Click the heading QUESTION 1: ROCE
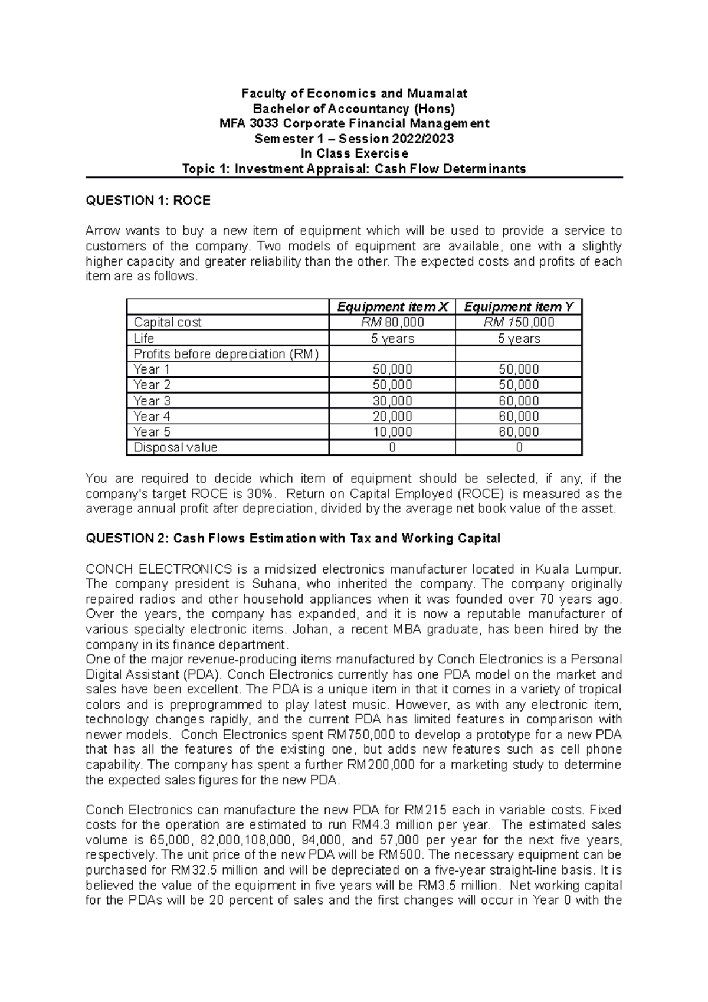148,201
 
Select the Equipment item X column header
392,307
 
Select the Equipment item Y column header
519,307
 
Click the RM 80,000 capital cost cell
392,322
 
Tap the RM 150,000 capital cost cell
519,322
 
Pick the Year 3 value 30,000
392,401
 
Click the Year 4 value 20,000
392,416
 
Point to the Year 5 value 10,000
392,432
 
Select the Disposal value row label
175,447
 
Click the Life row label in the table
144,338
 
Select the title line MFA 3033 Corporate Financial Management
354,123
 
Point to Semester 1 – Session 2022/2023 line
354,139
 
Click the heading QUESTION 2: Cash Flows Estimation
293,538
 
